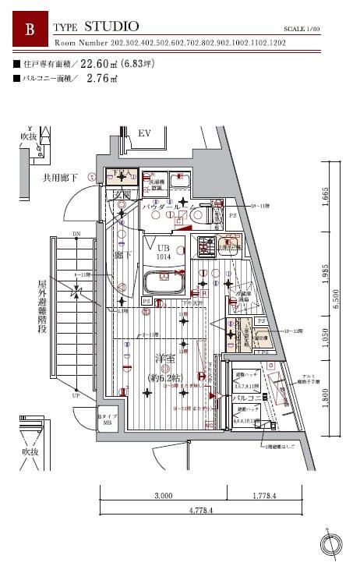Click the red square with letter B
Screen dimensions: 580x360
[x=30, y=30]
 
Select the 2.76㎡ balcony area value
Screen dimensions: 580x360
[x=102, y=78]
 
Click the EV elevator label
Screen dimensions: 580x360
[x=144, y=134]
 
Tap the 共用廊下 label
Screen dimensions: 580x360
[x=60, y=179]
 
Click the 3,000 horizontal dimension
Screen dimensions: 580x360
[x=163, y=496]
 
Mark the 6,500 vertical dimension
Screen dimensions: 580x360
[x=337, y=300]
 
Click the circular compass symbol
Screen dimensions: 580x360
[x=331, y=545]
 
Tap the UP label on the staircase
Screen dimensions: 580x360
[x=76, y=395]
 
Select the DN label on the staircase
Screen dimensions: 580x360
[x=76, y=234]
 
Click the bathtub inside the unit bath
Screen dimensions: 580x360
[x=164, y=281]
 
